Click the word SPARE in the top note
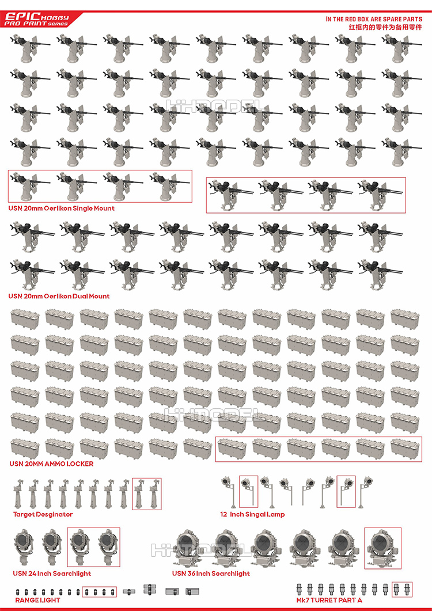click(x=392, y=19)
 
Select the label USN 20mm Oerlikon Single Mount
click(x=61, y=208)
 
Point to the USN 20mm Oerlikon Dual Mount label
click(x=59, y=297)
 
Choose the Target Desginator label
click(x=43, y=514)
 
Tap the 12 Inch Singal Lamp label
click(x=252, y=514)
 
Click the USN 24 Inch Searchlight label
click(x=52, y=574)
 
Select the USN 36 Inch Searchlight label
click(x=211, y=574)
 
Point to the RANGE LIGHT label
click(x=35, y=600)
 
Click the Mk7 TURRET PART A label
click(x=329, y=600)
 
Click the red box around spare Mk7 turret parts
click(x=402, y=589)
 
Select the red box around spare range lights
click(x=99, y=591)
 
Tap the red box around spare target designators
click(x=146, y=494)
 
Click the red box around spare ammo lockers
click(x=319, y=449)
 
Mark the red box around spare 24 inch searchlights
click(x=93, y=547)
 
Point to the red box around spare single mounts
click(x=100, y=186)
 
